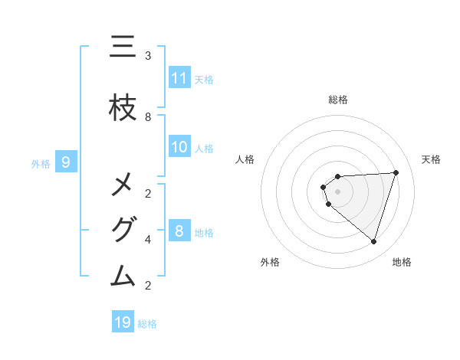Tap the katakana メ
123,185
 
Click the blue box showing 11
179,78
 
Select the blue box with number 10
179,147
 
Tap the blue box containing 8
179,231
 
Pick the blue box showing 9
67,162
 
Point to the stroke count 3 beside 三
148,56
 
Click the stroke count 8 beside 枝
148,116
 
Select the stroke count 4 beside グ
148,239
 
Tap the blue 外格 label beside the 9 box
40,162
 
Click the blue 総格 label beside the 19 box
147,323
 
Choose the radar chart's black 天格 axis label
431,159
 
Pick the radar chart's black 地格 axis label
402,262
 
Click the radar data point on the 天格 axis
396,172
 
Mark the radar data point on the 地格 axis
373,241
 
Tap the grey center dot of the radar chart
337,191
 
